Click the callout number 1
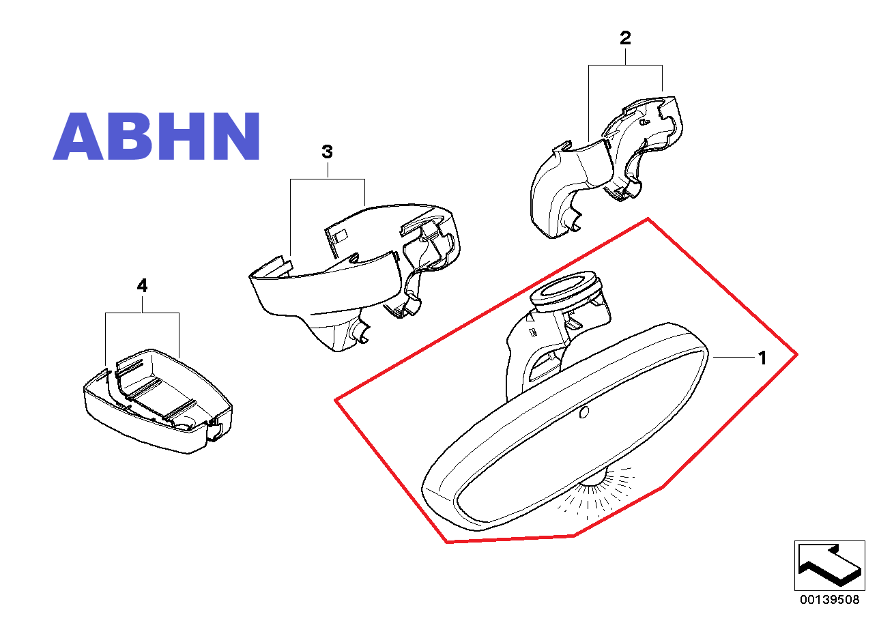tap(762, 358)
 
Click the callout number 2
tap(625, 38)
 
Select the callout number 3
tap(328, 151)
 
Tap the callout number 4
tap(142, 285)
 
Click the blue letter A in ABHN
tap(78, 136)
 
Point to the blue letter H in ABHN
tap(183, 136)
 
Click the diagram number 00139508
tap(829, 600)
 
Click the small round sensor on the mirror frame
tap(583, 412)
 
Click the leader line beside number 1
tap(734, 357)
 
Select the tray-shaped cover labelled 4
tap(158, 401)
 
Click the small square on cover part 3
tap(340, 235)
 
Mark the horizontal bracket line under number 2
tap(626, 66)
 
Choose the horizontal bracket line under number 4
tap(142, 313)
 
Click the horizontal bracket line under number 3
tap(328, 179)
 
